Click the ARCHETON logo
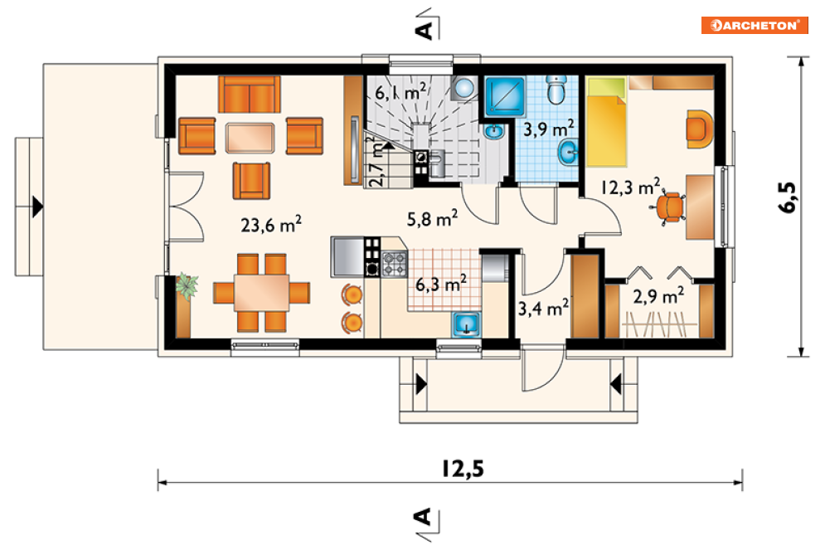[x=755, y=25]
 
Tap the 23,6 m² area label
[x=271, y=224]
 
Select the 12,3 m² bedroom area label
[x=630, y=187]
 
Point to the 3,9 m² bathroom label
[x=548, y=129]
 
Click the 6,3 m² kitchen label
[x=441, y=284]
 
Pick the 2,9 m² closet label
[x=658, y=295]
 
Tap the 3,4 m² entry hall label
[x=543, y=308]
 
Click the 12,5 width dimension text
[x=463, y=468]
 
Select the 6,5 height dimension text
[x=787, y=197]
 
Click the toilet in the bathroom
[x=556, y=89]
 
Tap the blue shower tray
[x=505, y=96]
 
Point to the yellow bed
[x=607, y=122]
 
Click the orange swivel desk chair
[x=669, y=207]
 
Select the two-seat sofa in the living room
[x=250, y=95]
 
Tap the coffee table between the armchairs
[x=250, y=138]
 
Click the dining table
[x=261, y=293]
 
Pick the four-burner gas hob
[x=394, y=264]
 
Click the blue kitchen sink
[x=466, y=324]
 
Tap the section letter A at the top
[x=424, y=30]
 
